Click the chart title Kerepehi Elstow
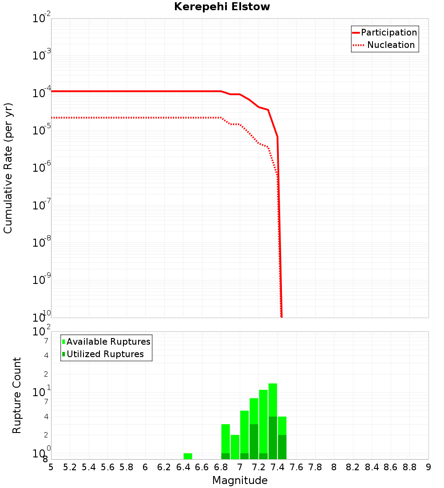[222, 7]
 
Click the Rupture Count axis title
[17, 395]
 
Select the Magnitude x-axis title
[240, 480]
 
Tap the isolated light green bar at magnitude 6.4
[188, 456]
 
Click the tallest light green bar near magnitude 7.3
[273, 399]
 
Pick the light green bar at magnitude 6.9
[235, 447]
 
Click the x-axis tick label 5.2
[70, 467]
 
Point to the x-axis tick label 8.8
[409, 467]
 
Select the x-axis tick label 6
[145, 467]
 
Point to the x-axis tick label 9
[428, 467]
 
